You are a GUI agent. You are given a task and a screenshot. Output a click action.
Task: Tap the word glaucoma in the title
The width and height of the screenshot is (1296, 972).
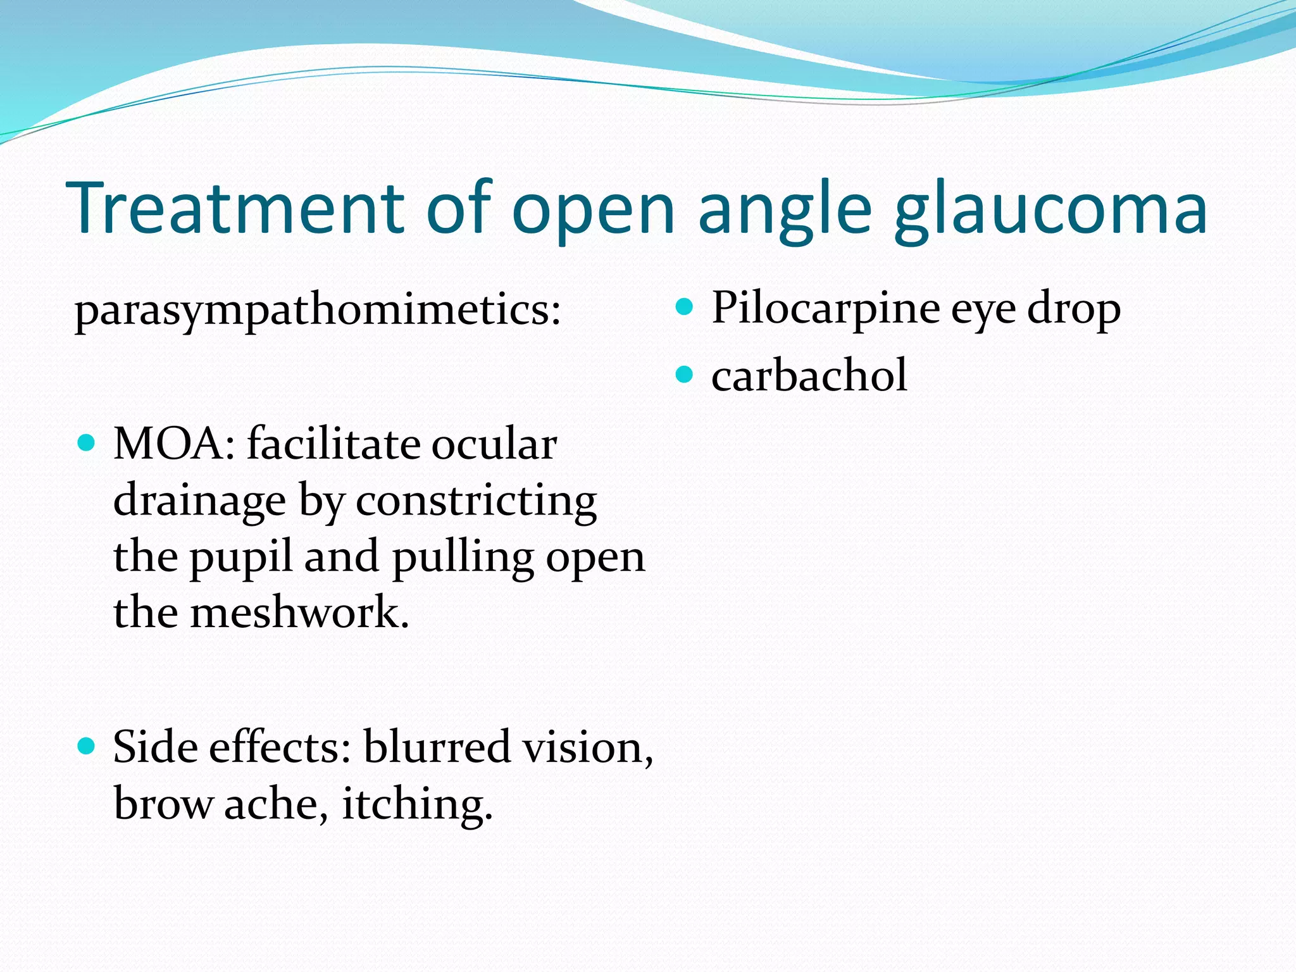tap(1050, 212)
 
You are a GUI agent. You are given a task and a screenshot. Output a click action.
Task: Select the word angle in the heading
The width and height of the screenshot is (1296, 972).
tap(785, 212)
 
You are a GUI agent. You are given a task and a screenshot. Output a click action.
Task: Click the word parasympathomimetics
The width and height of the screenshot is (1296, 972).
tap(317, 312)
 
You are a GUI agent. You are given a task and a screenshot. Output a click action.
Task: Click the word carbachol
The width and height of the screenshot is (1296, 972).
tap(809, 376)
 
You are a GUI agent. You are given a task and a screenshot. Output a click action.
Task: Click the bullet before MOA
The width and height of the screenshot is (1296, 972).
tap(86, 442)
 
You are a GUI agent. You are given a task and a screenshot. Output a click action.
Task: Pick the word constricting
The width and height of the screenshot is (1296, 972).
tap(476, 502)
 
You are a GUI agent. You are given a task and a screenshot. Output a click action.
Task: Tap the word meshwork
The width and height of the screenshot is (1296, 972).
tap(299, 613)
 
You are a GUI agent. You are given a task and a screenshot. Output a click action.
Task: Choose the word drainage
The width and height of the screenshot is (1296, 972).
tap(199, 502)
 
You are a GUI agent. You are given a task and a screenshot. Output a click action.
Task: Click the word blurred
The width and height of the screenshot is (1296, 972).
tap(437, 747)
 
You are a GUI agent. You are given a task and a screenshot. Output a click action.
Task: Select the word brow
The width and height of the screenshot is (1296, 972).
tap(163, 805)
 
